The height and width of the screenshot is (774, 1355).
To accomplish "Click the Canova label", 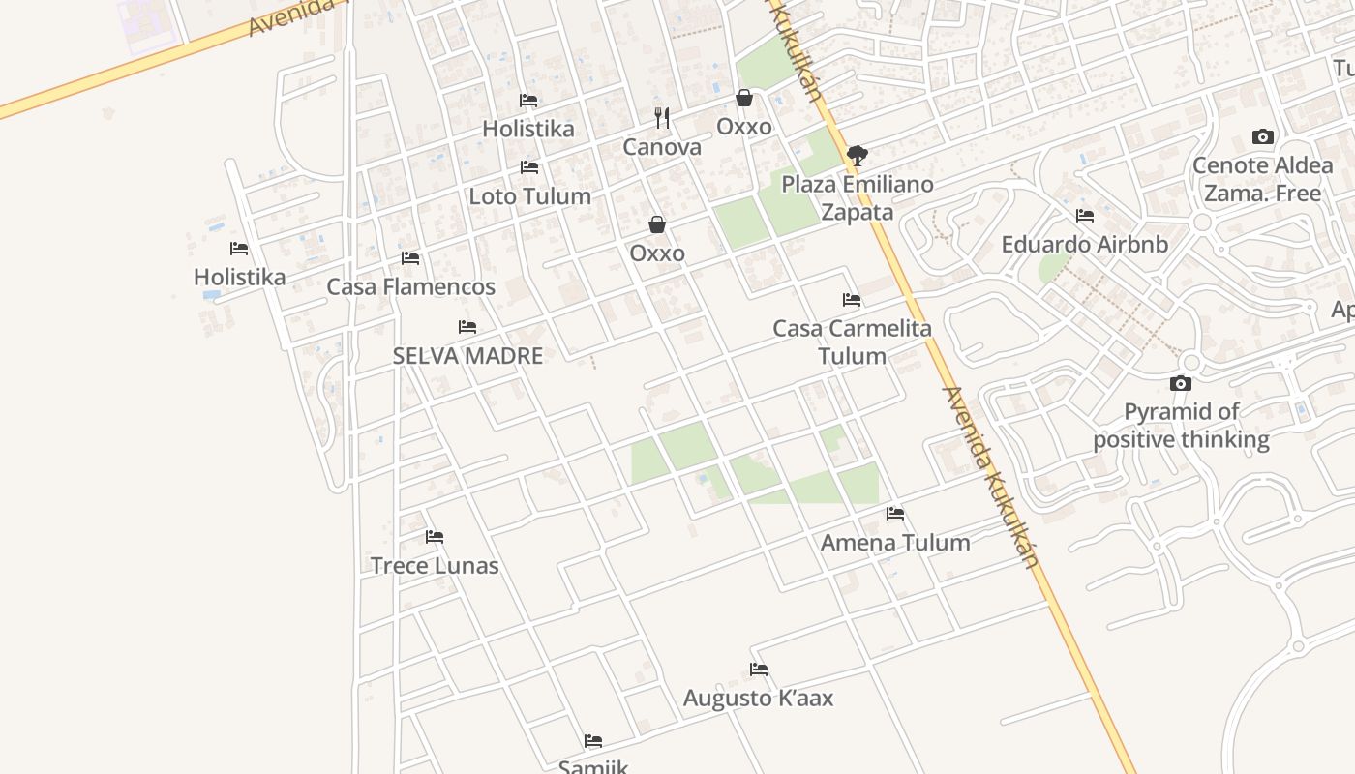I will [662, 147].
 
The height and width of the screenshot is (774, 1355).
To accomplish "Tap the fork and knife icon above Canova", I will [662, 118].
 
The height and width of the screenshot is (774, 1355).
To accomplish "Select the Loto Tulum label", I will [529, 196].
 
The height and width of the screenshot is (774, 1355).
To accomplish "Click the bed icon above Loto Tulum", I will [529, 167].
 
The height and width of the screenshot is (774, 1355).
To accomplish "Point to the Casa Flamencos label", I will [410, 286].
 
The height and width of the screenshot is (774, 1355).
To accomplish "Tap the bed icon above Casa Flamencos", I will [410, 258].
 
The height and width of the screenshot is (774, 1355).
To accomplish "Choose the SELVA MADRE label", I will [467, 355].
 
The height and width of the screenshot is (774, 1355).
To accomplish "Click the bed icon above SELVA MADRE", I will [467, 327].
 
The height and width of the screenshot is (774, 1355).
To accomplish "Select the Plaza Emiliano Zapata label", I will [858, 197].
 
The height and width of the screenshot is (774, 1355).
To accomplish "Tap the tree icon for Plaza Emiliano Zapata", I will [857, 155].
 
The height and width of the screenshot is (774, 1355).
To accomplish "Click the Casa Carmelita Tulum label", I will [852, 342].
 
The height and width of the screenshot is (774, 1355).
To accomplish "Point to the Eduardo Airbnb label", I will [1084, 244].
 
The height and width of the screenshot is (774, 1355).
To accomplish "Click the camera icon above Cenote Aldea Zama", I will [1262, 136].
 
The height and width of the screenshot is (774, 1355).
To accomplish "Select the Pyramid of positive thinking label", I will [1181, 426].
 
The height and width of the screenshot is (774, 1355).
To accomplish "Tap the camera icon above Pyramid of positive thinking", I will [1180, 384].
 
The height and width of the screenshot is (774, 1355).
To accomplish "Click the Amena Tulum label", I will [895, 543].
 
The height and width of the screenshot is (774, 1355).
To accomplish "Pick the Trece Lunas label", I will [435, 566].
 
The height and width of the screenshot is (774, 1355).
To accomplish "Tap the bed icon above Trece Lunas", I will [435, 537].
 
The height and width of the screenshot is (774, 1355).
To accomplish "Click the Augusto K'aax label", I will [758, 698].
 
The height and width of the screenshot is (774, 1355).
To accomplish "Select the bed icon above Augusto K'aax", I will [759, 670].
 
